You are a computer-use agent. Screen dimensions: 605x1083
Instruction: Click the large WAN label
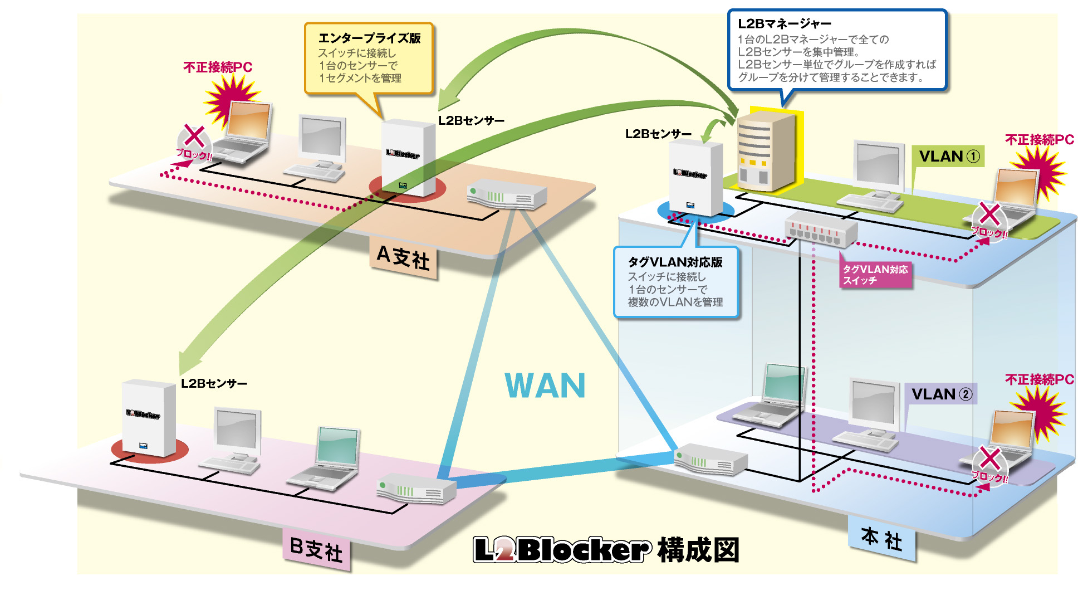[545, 386]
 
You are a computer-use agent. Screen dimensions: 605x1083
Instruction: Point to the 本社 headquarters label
[881, 539]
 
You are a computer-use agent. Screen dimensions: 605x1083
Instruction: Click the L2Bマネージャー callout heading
[784, 24]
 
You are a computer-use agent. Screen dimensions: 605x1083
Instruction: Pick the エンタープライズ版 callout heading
[369, 38]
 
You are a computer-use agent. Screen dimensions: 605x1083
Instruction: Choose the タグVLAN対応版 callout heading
[675, 262]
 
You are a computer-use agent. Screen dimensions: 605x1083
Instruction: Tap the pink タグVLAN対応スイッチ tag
[875, 275]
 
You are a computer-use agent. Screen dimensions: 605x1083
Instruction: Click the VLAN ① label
[949, 157]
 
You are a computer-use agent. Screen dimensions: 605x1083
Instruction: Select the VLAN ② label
[941, 394]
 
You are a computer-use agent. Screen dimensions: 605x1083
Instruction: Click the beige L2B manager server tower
[765, 150]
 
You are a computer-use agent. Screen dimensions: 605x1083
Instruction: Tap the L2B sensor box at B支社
[149, 418]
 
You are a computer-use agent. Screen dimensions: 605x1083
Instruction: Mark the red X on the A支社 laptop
[194, 136]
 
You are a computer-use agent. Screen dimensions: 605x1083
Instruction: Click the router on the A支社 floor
[506, 194]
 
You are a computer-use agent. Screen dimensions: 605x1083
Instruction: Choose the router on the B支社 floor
[416, 489]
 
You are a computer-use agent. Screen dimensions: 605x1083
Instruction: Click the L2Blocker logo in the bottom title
[562, 550]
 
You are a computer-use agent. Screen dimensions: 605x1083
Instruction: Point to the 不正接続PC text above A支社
[218, 67]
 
